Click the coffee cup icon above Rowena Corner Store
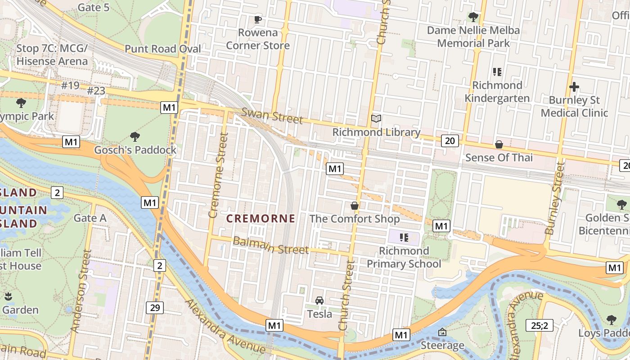[257, 19]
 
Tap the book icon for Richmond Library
[376, 119]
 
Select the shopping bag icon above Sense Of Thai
[499, 144]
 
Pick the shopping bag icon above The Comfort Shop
[355, 206]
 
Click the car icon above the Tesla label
[319, 301]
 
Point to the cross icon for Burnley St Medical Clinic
[574, 87]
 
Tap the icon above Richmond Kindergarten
[497, 72]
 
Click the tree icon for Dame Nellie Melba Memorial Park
[473, 18]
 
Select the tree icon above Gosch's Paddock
[135, 136]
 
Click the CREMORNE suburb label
[261, 219]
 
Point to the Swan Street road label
[272, 116]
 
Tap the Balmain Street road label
[270, 245]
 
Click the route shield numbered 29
[154, 308]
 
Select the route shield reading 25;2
[539, 325]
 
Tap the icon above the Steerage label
[442, 332]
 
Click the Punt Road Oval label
[163, 49]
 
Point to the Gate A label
[90, 218]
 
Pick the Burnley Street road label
[554, 198]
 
